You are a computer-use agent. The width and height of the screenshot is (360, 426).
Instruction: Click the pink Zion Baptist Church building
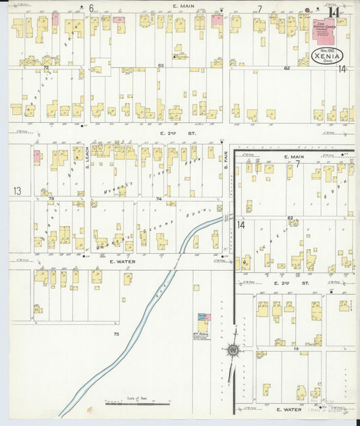click(x=326, y=34)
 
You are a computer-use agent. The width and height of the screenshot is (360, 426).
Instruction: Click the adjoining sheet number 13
click(x=18, y=192)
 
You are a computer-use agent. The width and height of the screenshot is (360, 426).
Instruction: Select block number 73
click(x=50, y=198)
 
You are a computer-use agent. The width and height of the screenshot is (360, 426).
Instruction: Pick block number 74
click(x=159, y=199)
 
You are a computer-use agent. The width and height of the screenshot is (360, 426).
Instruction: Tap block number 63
click(x=161, y=65)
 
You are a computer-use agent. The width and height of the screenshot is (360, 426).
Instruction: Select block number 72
click(x=46, y=68)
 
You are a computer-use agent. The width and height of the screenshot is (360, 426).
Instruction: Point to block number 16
click(x=296, y=348)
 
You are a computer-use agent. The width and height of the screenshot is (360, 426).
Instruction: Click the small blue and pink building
click(x=202, y=316)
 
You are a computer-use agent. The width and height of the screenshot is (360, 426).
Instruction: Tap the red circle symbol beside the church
click(x=308, y=10)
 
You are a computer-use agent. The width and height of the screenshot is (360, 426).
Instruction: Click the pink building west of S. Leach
click(x=36, y=157)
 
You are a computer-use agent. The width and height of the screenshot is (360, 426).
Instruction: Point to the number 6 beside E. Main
click(x=91, y=8)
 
